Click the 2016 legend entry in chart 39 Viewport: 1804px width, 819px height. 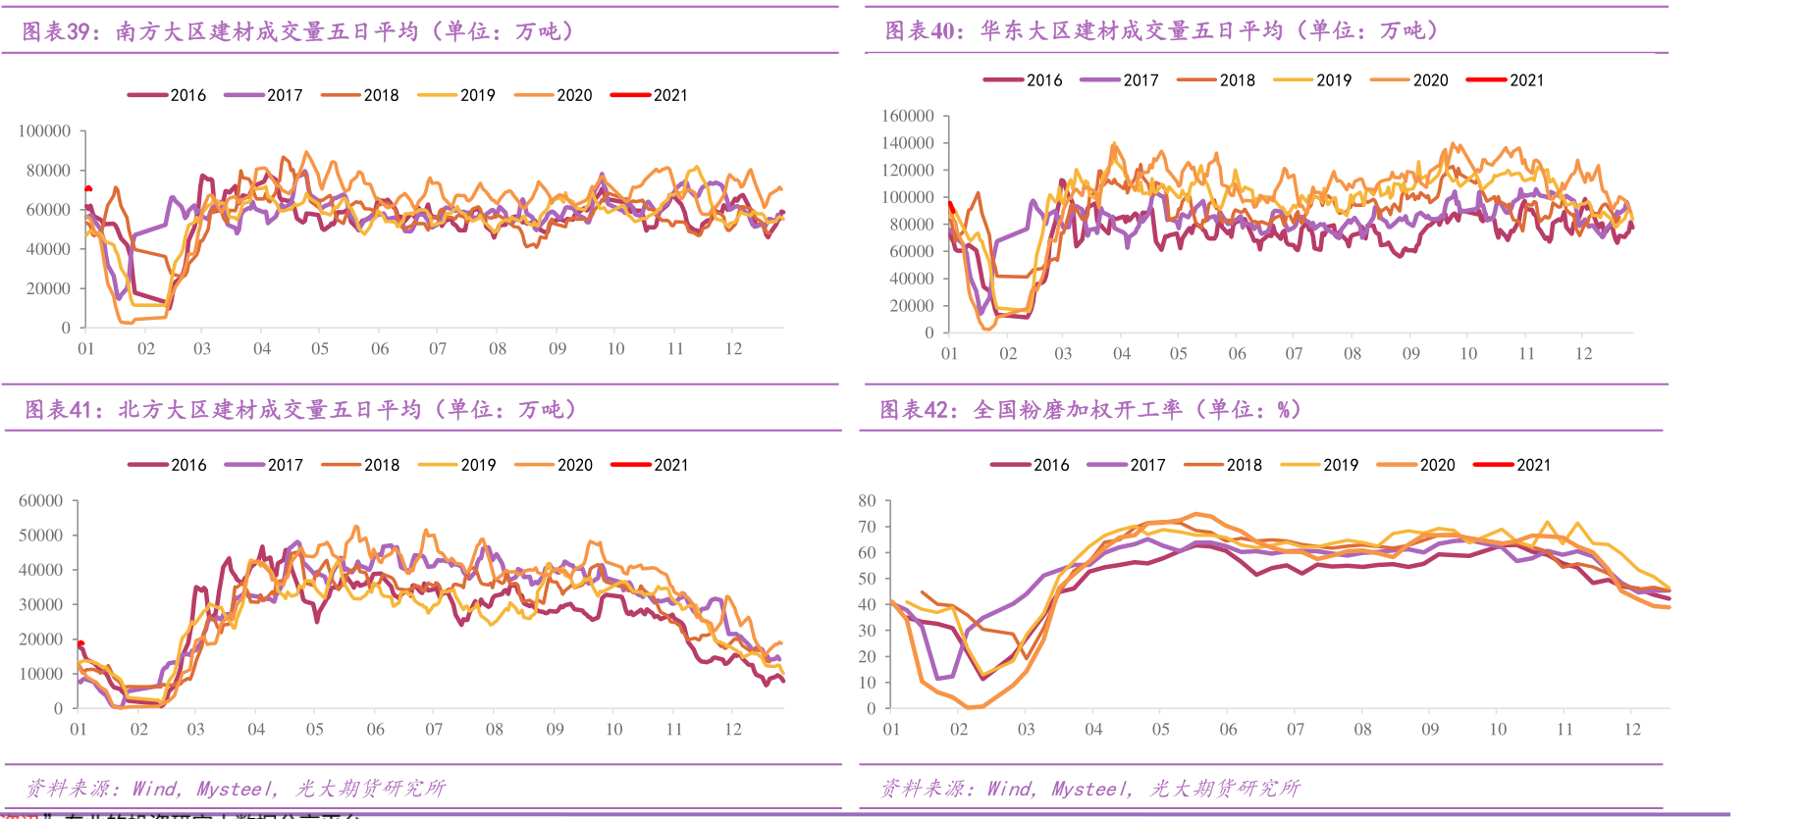point(167,95)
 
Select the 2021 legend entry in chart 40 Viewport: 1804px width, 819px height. point(1506,80)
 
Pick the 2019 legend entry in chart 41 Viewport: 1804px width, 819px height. point(457,465)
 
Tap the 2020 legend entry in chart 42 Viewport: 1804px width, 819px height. point(1416,465)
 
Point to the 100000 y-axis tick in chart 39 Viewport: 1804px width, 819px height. point(44,130)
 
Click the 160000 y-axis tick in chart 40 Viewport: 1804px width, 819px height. point(908,116)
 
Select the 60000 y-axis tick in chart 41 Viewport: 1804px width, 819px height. point(41,500)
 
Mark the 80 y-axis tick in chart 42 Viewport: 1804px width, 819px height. point(867,500)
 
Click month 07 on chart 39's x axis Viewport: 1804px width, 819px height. point(438,348)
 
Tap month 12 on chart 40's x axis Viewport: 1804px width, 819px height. point(1584,353)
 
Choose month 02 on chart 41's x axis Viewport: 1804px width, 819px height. point(139,729)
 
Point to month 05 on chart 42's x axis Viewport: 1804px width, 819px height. point(1160,729)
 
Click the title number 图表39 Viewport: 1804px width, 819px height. point(56,31)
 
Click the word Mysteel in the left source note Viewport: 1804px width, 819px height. point(235,789)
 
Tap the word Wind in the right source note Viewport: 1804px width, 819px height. point(1010,789)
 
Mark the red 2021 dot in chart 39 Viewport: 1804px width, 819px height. point(88,188)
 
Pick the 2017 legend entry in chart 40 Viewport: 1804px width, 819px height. point(1120,80)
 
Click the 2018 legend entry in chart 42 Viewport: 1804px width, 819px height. point(1223,465)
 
